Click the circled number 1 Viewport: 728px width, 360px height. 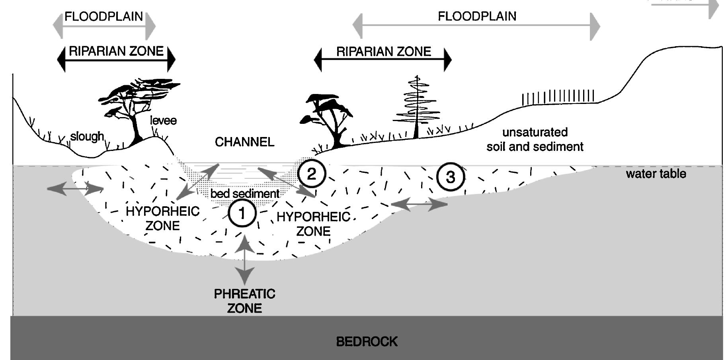click(242, 213)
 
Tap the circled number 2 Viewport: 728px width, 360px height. click(312, 174)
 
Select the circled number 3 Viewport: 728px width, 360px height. click(450, 177)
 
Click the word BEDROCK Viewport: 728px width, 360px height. click(367, 342)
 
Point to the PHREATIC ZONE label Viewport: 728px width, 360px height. click(244, 301)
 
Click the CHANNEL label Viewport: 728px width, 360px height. click(244, 142)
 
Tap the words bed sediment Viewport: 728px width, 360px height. click(245, 194)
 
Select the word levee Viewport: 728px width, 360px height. click(163, 120)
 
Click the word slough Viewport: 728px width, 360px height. click(87, 137)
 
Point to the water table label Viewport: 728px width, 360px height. click(656, 174)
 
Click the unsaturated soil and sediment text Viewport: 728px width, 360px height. click(535, 139)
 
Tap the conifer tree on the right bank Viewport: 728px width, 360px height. click(416, 106)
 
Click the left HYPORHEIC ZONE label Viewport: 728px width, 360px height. click(162, 218)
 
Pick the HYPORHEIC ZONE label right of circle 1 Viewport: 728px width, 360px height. click(313, 224)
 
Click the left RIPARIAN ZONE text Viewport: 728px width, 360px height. click(116, 51)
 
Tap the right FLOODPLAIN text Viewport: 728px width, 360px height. click(477, 16)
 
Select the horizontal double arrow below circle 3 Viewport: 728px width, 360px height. click(419, 204)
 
